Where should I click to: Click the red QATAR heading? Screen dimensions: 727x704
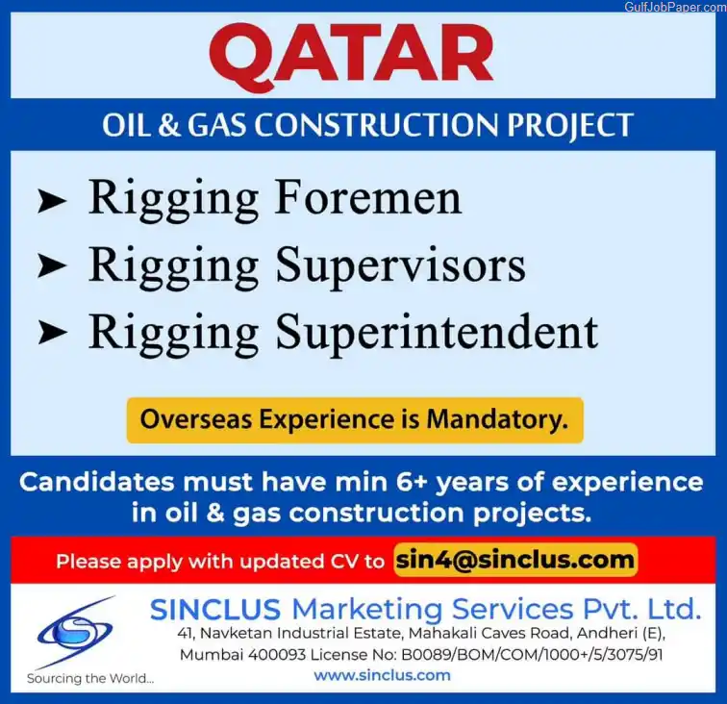tap(351, 57)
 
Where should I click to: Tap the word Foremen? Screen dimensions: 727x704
tap(368, 198)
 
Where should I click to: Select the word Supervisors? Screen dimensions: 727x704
tap(401, 266)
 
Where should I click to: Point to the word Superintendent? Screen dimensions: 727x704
tap(437, 333)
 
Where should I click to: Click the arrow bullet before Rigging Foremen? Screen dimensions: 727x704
tap(52, 202)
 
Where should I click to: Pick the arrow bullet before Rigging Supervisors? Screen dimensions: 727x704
tap(52, 266)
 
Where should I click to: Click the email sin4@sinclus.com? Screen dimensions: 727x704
tap(514, 561)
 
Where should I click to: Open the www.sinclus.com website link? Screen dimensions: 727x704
tap(382, 675)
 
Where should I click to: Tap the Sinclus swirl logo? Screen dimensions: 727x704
tap(75, 631)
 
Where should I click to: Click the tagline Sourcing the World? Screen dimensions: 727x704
tap(90, 678)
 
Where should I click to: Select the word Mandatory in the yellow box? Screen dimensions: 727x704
tap(497, 419)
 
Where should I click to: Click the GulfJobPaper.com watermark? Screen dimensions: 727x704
tap(675, 7)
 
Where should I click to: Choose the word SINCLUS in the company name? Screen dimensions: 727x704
tap(215, 609)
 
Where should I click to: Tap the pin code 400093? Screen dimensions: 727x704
tap(277, 654)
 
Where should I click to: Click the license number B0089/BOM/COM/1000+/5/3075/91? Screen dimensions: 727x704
tap(532, 654)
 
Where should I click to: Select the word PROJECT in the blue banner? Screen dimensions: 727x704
tap(570, 125)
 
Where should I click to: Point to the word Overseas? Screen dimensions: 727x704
tap(196, 419)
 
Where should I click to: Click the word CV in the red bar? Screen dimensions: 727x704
tap(344, 561)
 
